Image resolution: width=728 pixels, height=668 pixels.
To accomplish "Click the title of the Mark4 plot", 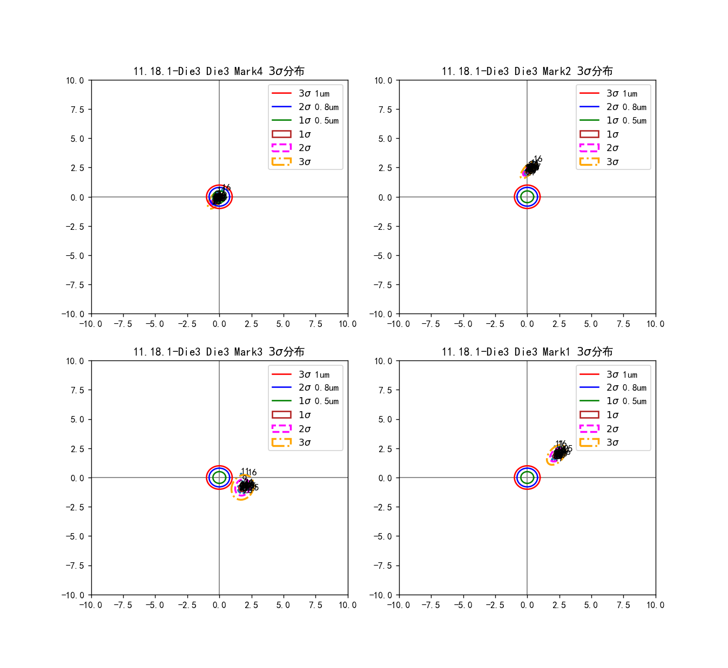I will tap(219, 71).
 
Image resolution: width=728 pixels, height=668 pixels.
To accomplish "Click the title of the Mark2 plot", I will tap(527, 71).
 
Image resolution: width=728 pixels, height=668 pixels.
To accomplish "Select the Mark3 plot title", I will tap(219, 352).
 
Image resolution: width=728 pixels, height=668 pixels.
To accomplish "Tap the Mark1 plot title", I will tap(527, 352).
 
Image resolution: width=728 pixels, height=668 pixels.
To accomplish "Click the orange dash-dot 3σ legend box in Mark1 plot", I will tap(589, 442).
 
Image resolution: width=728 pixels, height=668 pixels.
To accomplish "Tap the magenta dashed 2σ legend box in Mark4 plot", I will tap(281, 148).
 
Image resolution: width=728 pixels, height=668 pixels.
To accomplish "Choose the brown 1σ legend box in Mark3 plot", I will tap(281, 415).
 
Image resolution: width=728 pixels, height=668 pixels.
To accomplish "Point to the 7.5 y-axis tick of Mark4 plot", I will tap(77, 110).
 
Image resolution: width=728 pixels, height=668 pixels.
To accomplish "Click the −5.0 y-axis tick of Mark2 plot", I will tap(385, 256).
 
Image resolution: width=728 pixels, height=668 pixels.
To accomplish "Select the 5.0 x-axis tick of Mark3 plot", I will tap(283, 605).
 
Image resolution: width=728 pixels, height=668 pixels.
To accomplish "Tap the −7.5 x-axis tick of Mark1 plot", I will tap(430, 605).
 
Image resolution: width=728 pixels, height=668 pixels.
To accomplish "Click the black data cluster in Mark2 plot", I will tap(531, 168).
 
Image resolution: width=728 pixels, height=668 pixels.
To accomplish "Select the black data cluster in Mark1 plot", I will tap(560, 453).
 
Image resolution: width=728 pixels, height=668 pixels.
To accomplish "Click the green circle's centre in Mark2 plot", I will tap(527, 197).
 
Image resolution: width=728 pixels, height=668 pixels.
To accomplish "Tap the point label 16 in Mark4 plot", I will tap(226, 187).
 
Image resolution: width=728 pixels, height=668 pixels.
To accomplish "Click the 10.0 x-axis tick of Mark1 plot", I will tap(655, 605).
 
